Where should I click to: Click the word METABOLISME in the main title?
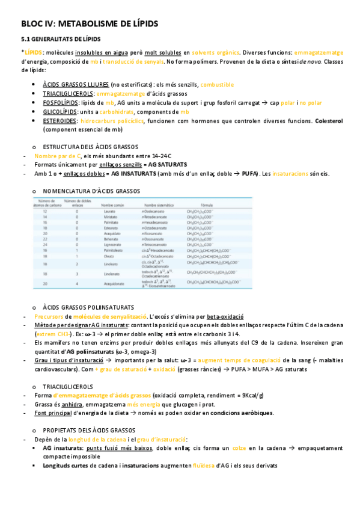87,23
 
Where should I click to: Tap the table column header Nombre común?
112,205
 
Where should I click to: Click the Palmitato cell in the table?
109,223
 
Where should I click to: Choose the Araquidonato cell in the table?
113,282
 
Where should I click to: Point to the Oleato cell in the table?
108,256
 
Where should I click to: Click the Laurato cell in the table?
109,212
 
